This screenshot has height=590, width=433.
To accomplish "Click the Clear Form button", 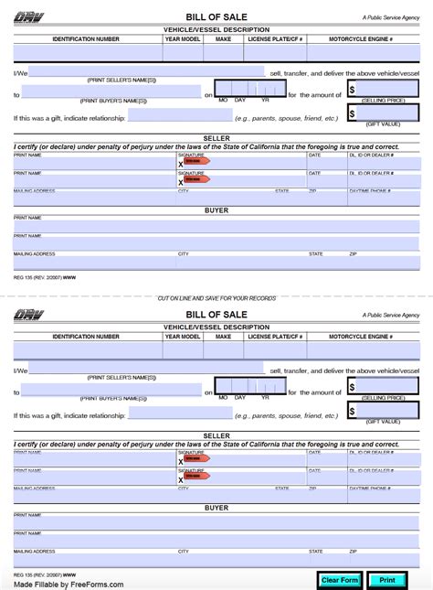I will (340, 579).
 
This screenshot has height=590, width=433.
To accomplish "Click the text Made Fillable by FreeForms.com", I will (69, 584).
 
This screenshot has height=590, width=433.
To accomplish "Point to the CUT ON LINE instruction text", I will (216, 298).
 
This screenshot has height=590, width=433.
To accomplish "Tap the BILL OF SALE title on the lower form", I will (216, 315).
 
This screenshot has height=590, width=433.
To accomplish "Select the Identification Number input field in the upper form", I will (87, 53).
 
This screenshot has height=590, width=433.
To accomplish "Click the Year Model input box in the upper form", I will (183, 53).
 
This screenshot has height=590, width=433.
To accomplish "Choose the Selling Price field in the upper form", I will (388, 90).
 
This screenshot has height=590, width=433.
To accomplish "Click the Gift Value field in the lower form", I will (388, 412).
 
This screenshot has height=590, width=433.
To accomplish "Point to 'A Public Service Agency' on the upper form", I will (390, 17).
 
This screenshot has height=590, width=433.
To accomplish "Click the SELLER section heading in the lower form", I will (216, 436).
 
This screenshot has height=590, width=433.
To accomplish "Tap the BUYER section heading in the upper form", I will (216, 210).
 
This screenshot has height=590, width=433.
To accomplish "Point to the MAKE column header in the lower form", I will (223, 337).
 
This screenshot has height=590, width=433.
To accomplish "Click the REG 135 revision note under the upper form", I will (45, 278).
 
